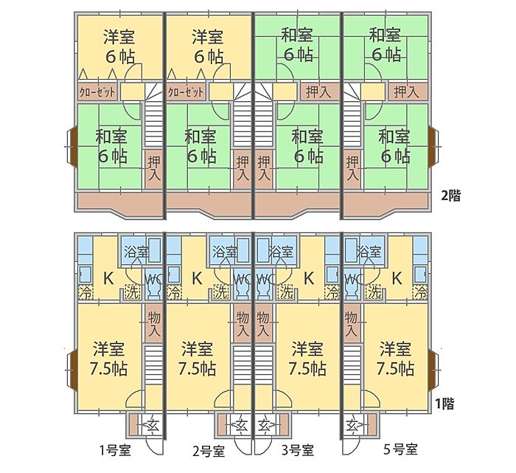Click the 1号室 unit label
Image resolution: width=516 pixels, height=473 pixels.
pyautogui.click(x=115, y=450)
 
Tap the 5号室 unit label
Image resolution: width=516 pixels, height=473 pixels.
pyautogui.click(x=400, y=449)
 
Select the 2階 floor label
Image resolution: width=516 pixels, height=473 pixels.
pyautogui.click(x=451, y=196)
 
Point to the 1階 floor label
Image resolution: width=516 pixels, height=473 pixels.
pyautogui.click(x=445, y=404)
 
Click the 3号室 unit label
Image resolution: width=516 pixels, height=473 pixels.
pyautogui.click(x=298, y=450)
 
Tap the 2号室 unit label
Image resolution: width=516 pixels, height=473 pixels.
pyautogui.click(x=209, y=451)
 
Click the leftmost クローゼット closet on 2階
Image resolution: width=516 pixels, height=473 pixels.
pyautogui.click(x=97, y=92)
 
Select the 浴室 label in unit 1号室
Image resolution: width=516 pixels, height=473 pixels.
pyautogui.click(x=136, y=252)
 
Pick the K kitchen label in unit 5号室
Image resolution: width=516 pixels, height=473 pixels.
pyautogui.click(x=397, y=279)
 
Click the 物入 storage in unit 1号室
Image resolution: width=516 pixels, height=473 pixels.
pyautogui.click(x=153, y=324)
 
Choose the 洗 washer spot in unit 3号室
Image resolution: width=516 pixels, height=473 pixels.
pyautogui.click(x=286, y=291)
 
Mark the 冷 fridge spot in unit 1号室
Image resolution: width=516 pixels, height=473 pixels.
pyautogui.click(x=86, y=292)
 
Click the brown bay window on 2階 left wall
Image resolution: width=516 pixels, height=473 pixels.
pyautogui.click(x=74, y=145)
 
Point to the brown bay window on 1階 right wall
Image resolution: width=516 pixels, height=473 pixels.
pyautogui.click(x=432, y=369)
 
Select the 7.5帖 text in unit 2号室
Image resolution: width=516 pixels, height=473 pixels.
pyautogui.click(x=197, y=369)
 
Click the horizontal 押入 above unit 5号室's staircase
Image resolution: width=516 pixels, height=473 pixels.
pyautogui.click(x=408, y=92)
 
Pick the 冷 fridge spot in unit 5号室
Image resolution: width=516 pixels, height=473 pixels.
pyautogui.click(x=421, y=292)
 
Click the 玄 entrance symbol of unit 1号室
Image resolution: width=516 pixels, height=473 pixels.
pyautogui.click(x=153, y=425)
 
